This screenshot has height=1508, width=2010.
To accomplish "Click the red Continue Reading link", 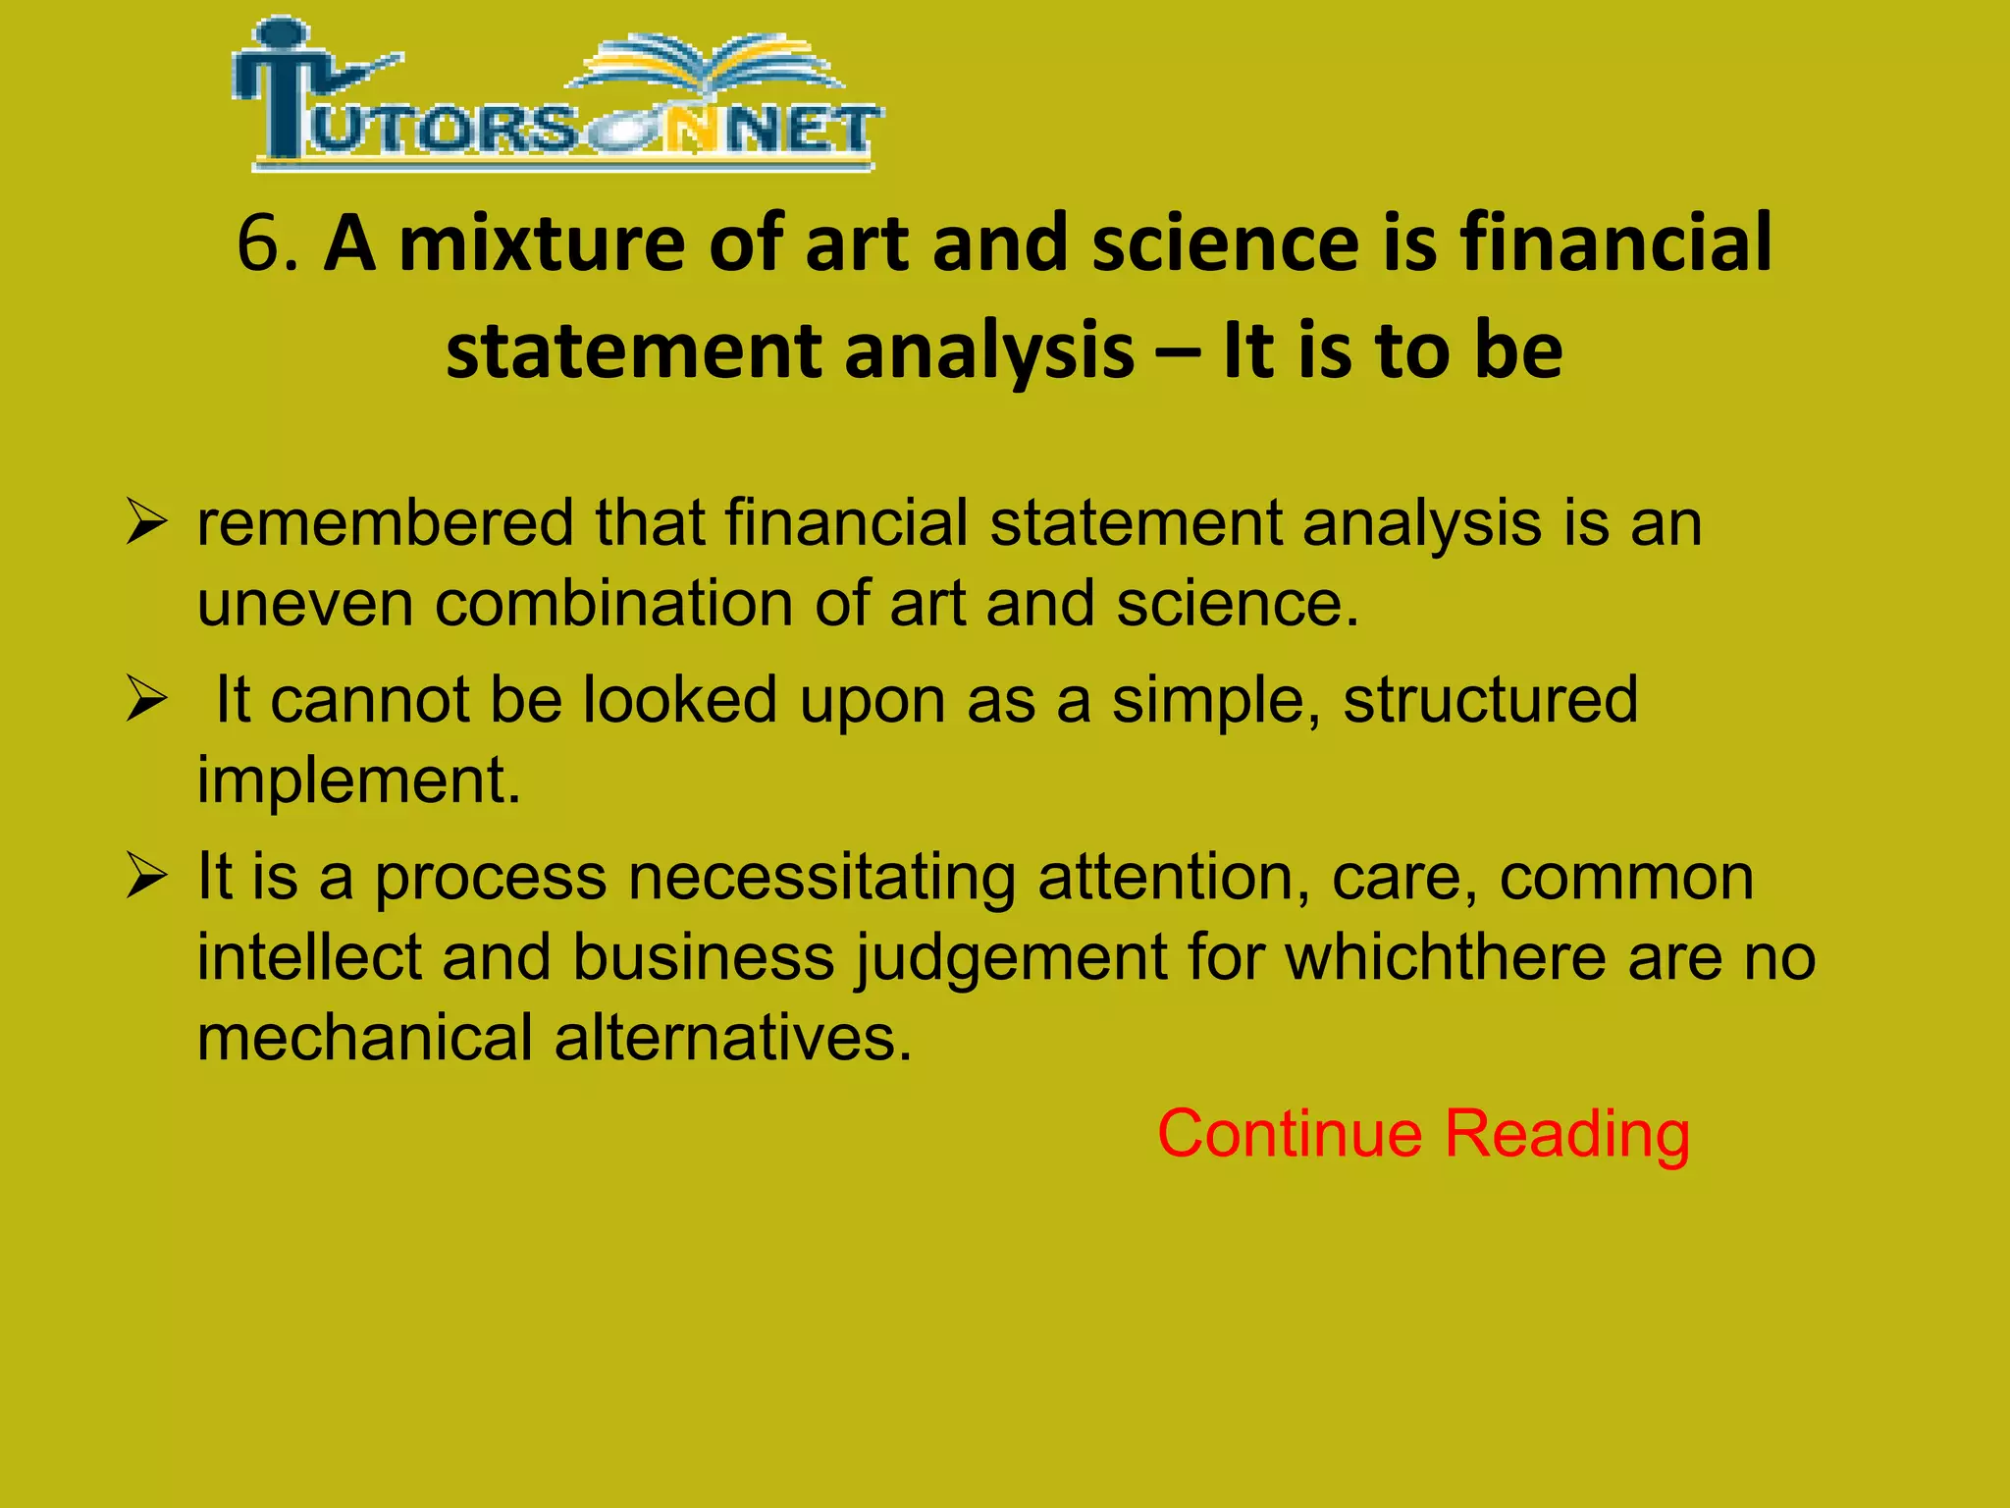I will (x=1423, y=1134).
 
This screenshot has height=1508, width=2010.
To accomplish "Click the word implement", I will (x=359, y=781).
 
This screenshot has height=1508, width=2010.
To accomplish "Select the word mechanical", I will (x=364, y=1038).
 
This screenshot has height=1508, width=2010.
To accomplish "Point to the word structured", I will (x=1491, y=700).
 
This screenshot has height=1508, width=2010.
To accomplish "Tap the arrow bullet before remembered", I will (x=146, y=523).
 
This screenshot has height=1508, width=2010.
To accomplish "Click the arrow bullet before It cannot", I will (x=146, y=701).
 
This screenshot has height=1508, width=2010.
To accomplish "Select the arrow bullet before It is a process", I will (x=146, y=878).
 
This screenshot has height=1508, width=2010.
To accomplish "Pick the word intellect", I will (x=308, y=957).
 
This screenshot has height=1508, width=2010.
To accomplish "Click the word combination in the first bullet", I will (x=613, y=604).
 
